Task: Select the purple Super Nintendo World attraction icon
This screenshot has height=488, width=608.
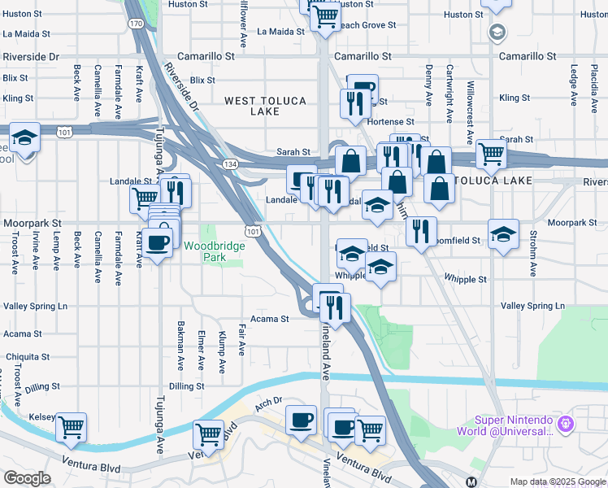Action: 567,424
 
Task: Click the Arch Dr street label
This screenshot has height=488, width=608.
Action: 267,401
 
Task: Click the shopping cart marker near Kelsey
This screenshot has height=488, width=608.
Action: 71,425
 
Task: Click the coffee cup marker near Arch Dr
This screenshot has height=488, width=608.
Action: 302,420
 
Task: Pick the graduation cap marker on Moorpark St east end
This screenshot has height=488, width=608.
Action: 503,234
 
